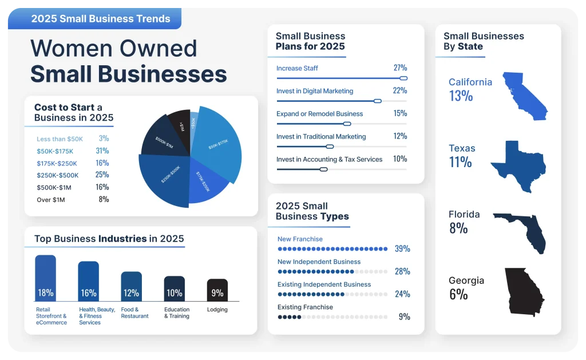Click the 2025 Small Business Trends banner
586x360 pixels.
click(x=101, y=19)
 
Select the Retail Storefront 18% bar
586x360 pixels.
click(x=46, y=278)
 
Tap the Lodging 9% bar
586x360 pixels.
click(x=217, y=290)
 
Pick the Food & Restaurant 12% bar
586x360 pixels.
click(x=132, y=287)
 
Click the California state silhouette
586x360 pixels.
click(x=524, y=96)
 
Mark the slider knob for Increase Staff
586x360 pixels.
click(x=403, y=78)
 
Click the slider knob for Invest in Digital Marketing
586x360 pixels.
click(x=377, y=101)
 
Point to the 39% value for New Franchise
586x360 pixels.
click(x=402, y=249)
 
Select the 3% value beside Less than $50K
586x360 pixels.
click(x=104, y=139)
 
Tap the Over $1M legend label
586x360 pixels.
click(x=51, y=199)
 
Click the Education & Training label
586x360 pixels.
click(x=177, y=312)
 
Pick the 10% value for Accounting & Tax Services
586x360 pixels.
click(x=400, y=159)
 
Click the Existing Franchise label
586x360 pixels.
click(x=305, y=307)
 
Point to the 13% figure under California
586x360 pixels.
click(x=461, y=96)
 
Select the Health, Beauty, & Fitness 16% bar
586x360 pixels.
click(x=89, y=282)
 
